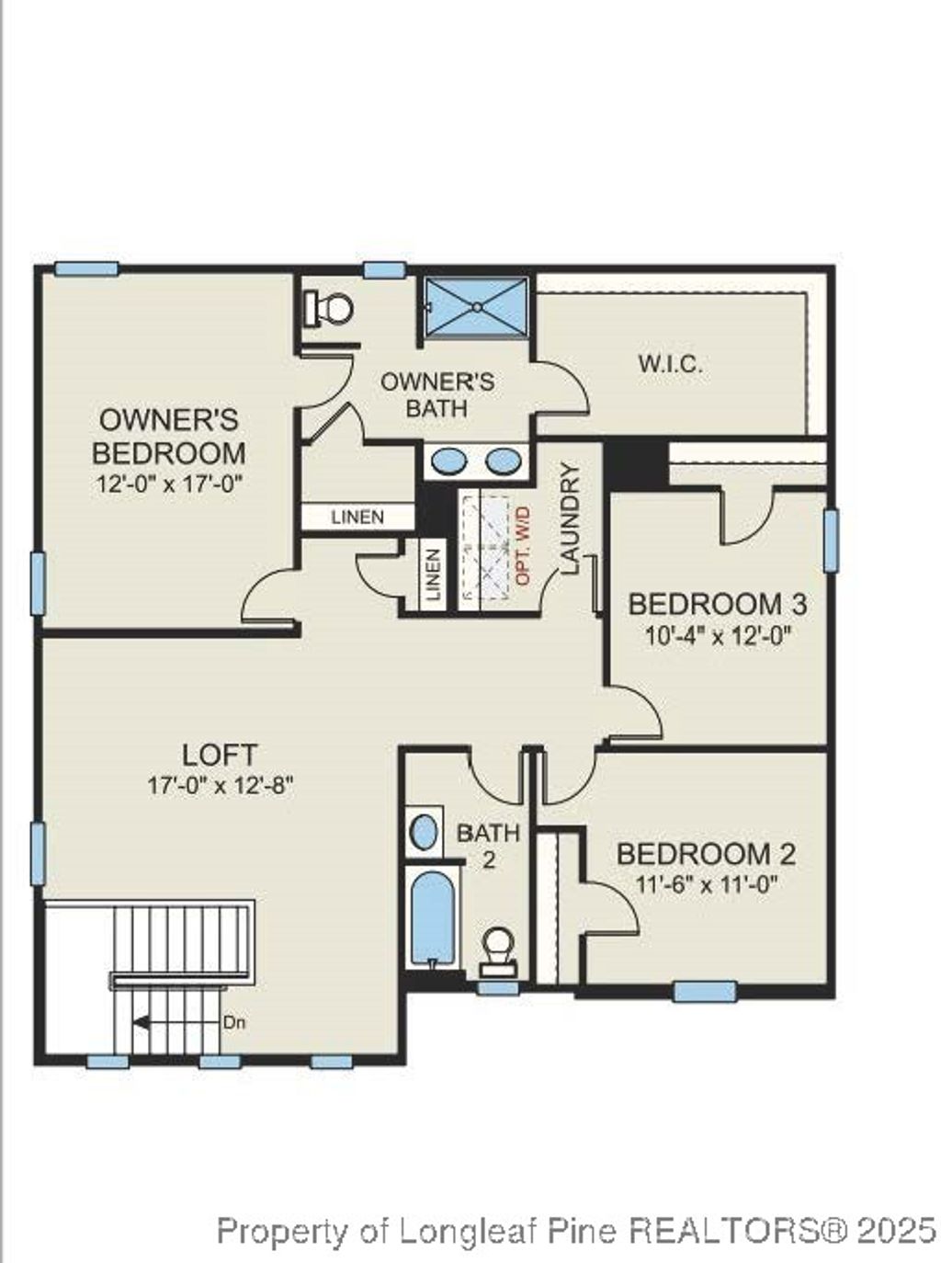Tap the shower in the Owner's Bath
(x=477, y=305)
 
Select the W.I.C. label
(x=671, y=363)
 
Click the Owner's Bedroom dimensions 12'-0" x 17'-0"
(x=170, y=484)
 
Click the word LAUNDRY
(x=570, y=520)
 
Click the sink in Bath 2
(x=424, y=831)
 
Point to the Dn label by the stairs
(x=233, y=1021)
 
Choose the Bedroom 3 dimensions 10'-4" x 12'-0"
(x=718, y=635)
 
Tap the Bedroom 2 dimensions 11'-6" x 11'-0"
(x=706, y=885)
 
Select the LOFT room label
(x=220, y=755)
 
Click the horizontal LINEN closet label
(x=357, y=518)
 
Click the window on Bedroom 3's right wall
(x=831, y=540)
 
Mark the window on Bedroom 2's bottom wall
(x=705, y=991)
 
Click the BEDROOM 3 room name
(x=717, y=604)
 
